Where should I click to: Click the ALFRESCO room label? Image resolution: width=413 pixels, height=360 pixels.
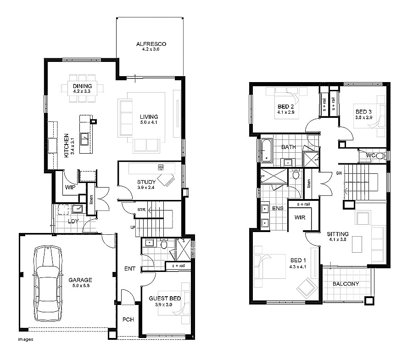pos(151,44)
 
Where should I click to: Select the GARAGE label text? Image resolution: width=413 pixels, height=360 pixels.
pos(80,280)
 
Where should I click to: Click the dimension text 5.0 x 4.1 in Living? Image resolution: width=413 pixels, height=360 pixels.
pos(149,123)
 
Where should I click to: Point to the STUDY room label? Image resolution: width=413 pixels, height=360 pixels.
pos(146,182)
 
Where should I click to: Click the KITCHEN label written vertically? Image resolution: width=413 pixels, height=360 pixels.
pos(67,146)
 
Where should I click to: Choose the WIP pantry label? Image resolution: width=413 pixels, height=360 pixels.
pos(70,187)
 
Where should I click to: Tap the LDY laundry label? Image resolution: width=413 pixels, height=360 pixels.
pos(73,221)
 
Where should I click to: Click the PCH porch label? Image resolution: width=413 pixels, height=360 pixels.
pos(128,320)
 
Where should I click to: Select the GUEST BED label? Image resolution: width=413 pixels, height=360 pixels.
pos(165,299)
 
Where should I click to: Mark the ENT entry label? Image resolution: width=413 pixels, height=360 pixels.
pos(129,269)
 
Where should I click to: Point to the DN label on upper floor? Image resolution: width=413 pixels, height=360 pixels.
pos(339,173)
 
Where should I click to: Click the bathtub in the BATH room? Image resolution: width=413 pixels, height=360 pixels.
pos(267,150)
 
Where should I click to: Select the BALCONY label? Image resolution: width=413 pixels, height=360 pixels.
pos(346,284)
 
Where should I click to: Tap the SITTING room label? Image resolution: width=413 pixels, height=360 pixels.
pos(337,234)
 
